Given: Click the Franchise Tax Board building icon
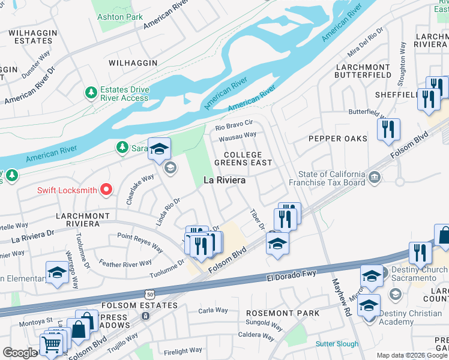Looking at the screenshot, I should point(375,177).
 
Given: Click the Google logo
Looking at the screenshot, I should point(20,353).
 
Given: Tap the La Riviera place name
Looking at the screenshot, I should point(225,179).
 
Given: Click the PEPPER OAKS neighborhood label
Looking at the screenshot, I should point(337,139).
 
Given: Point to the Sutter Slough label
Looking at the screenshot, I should point(337,344).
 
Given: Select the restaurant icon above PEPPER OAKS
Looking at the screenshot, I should point(388,129).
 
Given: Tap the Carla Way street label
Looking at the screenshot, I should point(213,310).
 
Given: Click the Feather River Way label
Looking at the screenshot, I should point(126,263).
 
